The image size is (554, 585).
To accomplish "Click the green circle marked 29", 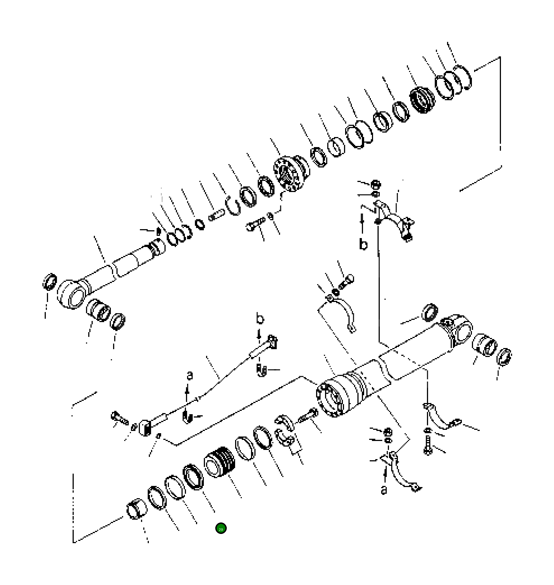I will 221,528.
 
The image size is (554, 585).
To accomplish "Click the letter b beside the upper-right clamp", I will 363,245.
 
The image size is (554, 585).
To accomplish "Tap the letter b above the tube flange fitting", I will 260,319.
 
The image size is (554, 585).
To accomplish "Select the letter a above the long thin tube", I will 190,375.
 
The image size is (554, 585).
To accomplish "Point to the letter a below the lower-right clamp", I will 384,490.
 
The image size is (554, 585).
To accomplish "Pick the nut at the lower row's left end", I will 137,509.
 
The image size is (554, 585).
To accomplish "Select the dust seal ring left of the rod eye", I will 50,282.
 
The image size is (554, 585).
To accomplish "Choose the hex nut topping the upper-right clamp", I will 375,184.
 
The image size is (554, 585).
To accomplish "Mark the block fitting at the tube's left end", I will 145,427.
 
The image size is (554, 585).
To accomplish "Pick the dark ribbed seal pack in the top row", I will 422,101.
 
